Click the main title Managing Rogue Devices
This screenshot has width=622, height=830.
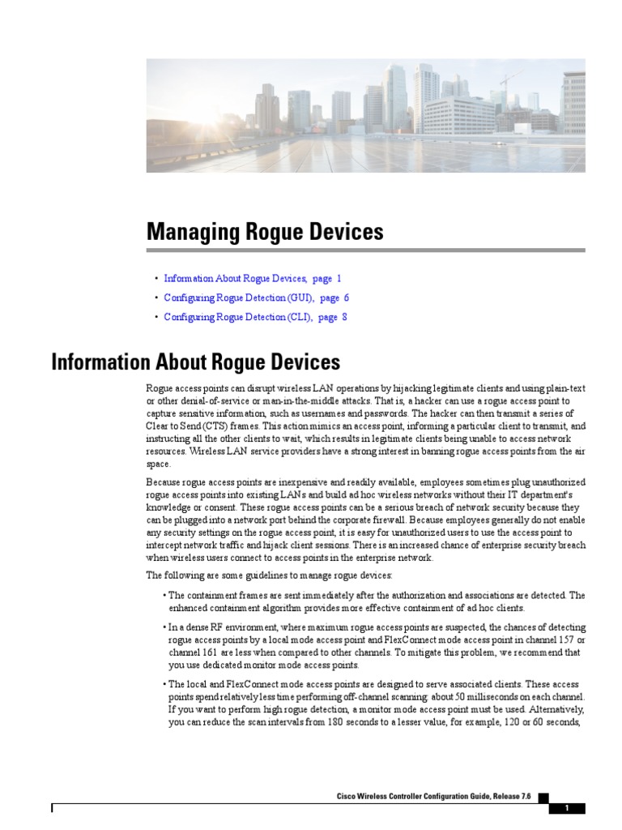(265, 233)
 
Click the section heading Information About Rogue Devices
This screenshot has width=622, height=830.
(195, 362)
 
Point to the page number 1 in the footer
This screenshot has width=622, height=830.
(567, 808)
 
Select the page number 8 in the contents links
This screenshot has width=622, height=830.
(344, 317)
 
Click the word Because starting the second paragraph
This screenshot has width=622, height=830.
(164, 482)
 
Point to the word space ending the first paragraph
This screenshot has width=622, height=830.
(158, 464)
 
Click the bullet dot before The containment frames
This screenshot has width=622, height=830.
(164, 596)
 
